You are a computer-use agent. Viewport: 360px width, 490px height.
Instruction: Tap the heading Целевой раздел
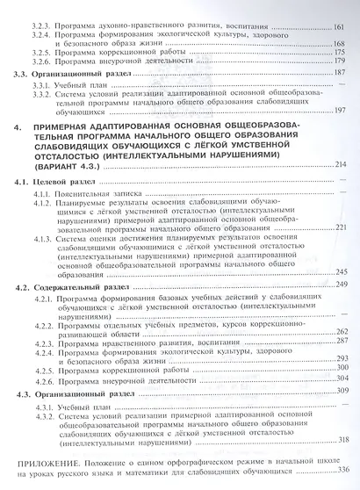pos(67,180)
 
